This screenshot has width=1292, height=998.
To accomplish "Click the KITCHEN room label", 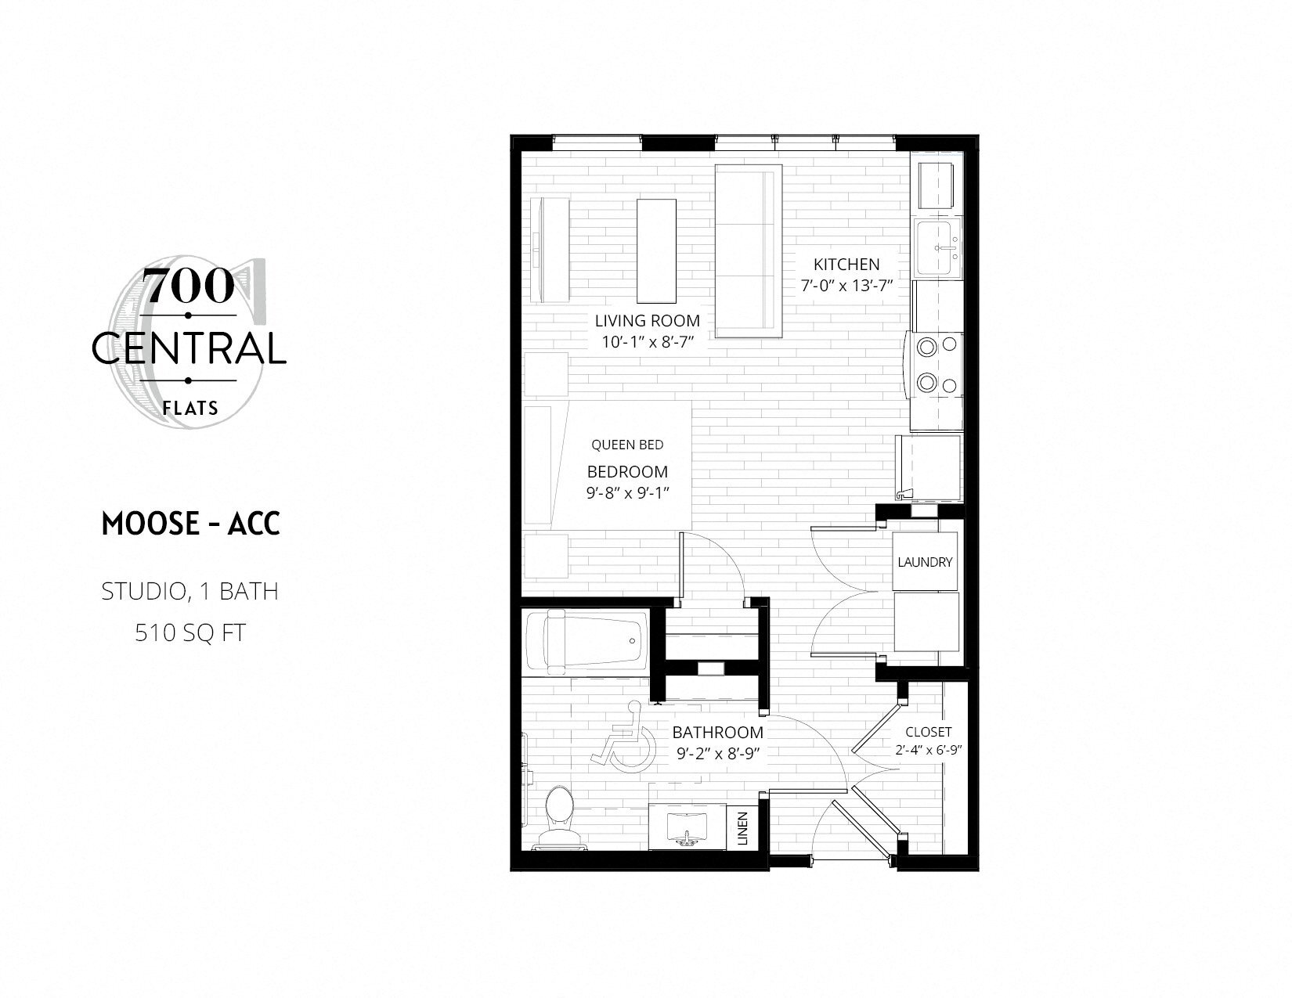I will point(846,265).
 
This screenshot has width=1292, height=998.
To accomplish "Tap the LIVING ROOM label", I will point(647,320).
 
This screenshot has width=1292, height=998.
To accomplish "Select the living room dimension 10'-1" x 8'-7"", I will point(646,340).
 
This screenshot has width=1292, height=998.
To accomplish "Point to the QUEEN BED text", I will point(627,445).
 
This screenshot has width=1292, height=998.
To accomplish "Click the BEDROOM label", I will point(627,472).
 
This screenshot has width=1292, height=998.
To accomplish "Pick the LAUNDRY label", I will point(925,562).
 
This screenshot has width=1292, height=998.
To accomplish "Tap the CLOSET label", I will point(928,732).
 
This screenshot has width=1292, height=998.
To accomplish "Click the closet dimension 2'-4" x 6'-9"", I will point(928,749).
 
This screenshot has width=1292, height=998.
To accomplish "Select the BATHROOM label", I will point(717,733).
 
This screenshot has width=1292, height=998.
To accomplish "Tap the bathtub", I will point(586,642).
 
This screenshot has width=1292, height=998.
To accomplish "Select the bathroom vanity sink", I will point(687,827).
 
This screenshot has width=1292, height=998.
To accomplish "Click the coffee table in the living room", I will point(656,250).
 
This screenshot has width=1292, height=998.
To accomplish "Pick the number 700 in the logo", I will point(189,286).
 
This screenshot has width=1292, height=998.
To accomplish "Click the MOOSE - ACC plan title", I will point(191,524).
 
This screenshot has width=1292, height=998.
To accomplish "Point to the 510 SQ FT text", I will point(190,632).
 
